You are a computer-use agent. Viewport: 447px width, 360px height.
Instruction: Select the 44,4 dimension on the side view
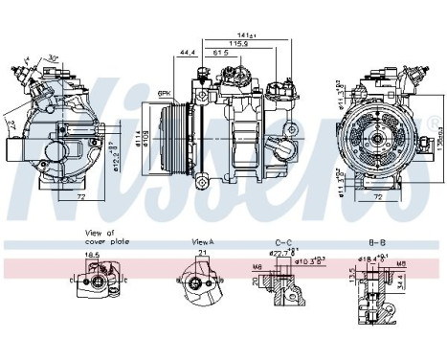(x=187, y=52)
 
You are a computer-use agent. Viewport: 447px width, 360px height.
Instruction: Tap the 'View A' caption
(x=201, y=243)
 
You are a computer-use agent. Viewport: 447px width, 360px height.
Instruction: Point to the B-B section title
(x=378, y=243)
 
